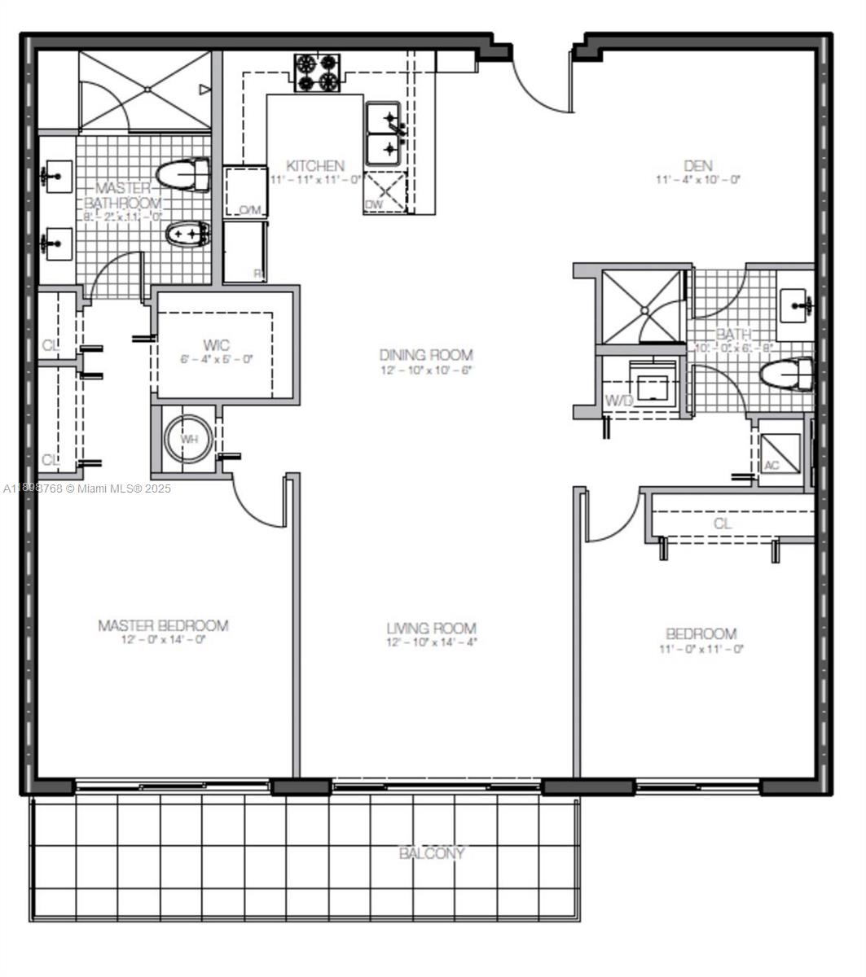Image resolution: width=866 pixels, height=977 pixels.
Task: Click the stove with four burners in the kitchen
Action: pos(317,72)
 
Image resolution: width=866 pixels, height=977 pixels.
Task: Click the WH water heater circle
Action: pos(189,439)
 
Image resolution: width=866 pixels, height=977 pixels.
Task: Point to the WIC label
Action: pos(217,345)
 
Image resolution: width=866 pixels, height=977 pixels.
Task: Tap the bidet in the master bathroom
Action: pos(188,235)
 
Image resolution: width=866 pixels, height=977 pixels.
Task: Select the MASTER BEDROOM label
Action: pos(163,625)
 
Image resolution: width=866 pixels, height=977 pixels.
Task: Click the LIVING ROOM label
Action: pos(431,629)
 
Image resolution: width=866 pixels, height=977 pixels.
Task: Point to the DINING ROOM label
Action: pos(426,355)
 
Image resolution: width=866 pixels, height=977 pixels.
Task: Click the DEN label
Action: pos(698,165)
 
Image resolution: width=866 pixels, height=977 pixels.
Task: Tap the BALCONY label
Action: pos(432,853)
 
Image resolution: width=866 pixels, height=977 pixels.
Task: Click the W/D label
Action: pos(620,401)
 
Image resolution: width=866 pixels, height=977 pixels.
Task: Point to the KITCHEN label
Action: pos(314,165)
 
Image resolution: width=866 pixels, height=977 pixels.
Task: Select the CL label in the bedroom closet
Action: pos(723,524)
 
